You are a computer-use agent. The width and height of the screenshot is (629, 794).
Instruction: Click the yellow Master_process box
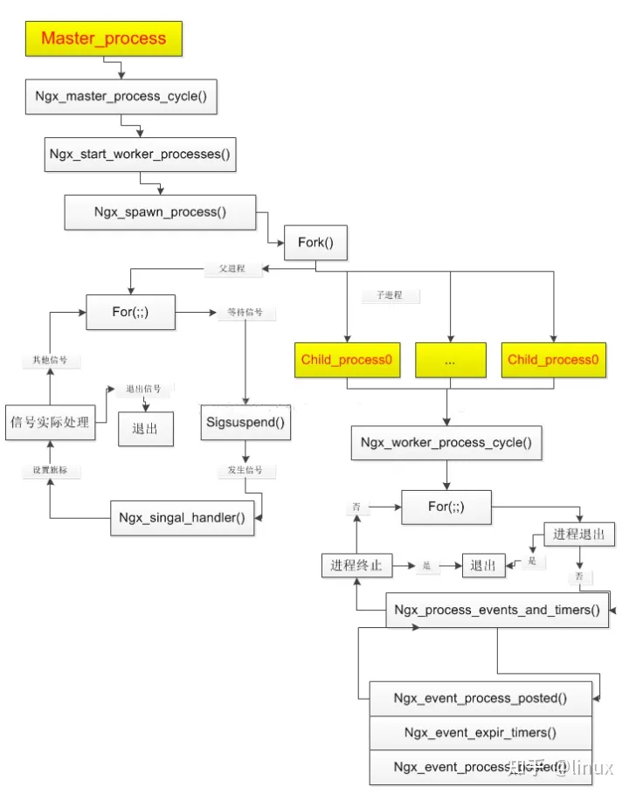coord(103,38)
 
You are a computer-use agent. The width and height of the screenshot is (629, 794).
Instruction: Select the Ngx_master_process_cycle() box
coord(121,97)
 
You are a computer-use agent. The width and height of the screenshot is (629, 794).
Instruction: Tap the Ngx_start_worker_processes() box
coord(140,154)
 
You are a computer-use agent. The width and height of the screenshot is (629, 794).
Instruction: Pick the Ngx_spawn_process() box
coord(160,212)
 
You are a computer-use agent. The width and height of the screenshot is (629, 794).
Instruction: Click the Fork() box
coord(315,242)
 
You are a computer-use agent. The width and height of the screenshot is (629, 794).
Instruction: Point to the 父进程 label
coord(232,269)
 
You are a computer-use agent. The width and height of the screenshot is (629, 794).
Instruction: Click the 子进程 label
coord(390,295)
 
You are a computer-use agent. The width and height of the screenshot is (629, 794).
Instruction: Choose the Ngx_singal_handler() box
coord(182,517)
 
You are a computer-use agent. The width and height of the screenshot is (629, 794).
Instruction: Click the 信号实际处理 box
coord(50,423)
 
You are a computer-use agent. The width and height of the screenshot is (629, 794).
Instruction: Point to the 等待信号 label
coord(245,312)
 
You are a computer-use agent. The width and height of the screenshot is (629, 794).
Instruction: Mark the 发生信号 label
coord(245,471)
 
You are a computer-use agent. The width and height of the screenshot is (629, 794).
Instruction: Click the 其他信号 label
coord(50,360)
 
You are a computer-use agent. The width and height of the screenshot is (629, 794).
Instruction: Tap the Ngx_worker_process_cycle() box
coord(446,443)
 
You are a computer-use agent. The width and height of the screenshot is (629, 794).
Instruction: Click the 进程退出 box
coord(579,534)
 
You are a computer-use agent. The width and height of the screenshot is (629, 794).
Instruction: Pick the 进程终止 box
coord(356,565)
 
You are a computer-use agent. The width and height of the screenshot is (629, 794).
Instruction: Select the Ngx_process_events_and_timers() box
coord(496,610)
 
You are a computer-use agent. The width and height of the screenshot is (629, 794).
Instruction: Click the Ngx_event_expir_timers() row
coord(480,732)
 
